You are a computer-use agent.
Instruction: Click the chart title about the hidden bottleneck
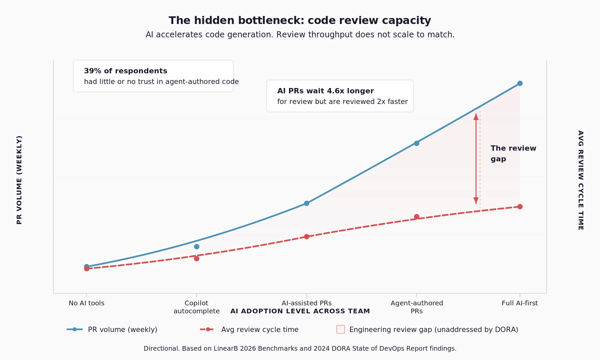pos(300,20)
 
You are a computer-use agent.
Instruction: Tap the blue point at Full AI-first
pos(520,83)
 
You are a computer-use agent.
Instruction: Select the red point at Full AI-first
pos(520,207)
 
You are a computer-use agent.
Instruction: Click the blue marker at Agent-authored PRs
pos(416,143)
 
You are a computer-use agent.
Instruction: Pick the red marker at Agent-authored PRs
pos(416,217)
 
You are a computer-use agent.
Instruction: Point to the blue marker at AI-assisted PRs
pos(306,203)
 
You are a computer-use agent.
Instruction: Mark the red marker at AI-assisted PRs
pos(306,237)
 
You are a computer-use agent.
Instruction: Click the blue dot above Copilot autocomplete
pos(196,247)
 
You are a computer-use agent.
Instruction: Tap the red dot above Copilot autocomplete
pos(196,259)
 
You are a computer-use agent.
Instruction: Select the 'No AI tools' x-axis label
pos(86,303)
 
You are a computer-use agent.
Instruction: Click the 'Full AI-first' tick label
pos(519,303)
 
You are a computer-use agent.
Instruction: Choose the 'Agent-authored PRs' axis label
pos(416,307)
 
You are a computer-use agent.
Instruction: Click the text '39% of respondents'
pos(125,71)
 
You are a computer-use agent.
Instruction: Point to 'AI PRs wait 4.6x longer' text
pos(325,91)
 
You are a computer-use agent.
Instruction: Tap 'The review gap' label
pos(513,153)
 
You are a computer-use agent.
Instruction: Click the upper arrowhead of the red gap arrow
pos(476,117)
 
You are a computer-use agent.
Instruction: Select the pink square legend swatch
pos(340,329)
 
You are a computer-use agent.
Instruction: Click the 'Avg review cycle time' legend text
pos(260,329)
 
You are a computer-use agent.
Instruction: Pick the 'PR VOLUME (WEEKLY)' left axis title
pos(19,180)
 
